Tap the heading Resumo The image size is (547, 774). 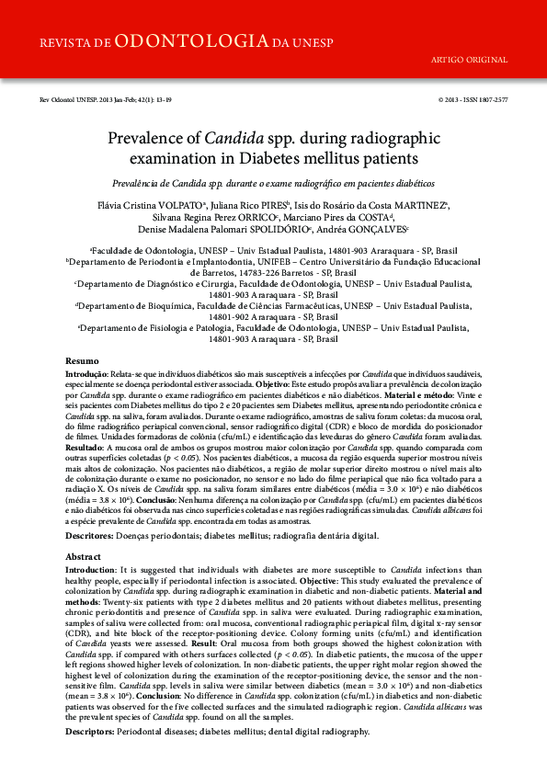click(x=83, y=362)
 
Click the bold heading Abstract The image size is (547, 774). click(x=84, y=558)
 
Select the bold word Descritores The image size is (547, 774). click(x=89, y=535)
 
